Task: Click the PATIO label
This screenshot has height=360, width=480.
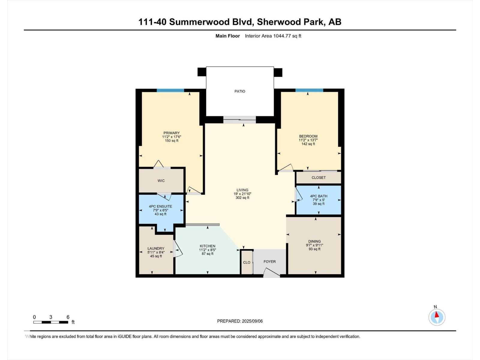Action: [240, 91]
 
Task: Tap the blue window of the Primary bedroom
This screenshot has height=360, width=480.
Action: [170, 90]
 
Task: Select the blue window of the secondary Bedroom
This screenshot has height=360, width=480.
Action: [309, 90]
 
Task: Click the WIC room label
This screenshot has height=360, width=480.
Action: [161, 181]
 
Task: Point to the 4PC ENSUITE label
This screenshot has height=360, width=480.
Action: [160, 206]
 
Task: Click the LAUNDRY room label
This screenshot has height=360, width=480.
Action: [156, 248]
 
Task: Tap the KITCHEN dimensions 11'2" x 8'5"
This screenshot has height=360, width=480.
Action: [208, 250]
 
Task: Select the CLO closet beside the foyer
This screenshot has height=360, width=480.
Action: [247, 262]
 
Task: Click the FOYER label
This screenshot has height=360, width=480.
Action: [269, 262]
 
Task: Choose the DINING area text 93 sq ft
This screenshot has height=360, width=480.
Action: [314, 249]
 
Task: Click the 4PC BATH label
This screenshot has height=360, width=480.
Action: [319, 196]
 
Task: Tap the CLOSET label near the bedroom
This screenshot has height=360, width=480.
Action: [319, 178]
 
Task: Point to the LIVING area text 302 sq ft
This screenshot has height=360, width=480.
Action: [242, 198]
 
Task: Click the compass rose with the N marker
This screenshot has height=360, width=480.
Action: [437, 317]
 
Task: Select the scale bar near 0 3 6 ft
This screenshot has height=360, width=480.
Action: [51, 322]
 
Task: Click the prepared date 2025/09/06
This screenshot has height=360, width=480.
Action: [252, 321]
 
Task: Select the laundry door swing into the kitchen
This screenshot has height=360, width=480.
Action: [178, 250]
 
